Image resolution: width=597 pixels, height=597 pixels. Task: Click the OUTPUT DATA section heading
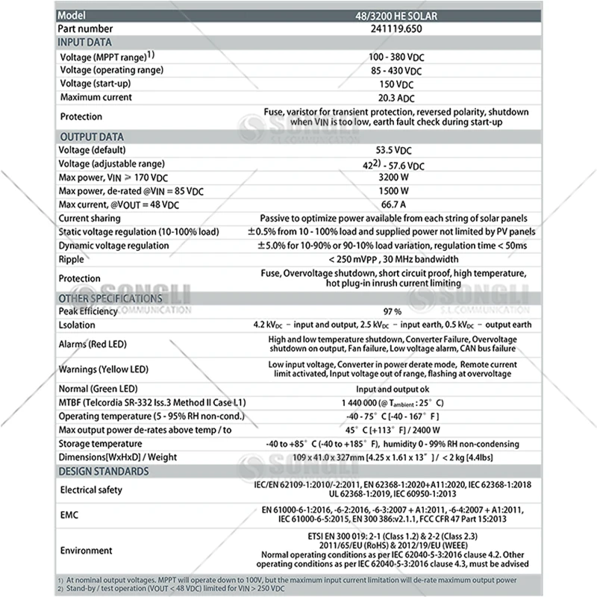click(x=91, y=137)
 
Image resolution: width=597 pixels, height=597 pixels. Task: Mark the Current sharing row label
click(x=89, y=219)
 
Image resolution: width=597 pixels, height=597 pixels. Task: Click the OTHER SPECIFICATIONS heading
click(x=111, y=298)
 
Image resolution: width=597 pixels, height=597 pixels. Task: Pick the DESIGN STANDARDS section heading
click(x=104, y=472)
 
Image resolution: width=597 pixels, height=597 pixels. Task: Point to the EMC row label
click(x=71, y=515)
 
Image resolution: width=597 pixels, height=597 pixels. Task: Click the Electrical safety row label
click(x=90, y=490)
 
